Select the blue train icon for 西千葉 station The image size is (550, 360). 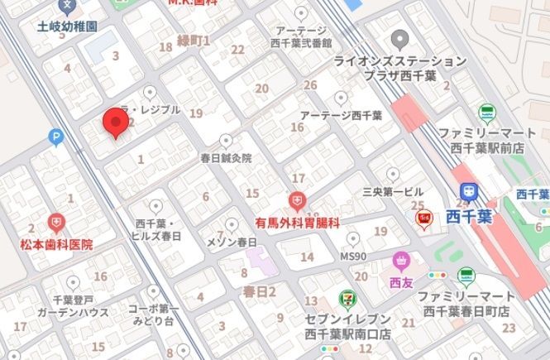tap(469, 191)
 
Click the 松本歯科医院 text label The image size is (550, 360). tap(56, 245)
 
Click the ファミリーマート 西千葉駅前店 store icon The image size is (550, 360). tap(486, 112)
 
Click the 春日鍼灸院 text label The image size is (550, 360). tap(226, 157)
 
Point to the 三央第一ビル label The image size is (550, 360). tap(393, 191)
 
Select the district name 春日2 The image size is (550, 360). tap(259, 291)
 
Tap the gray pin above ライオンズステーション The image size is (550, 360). tap(400, 38)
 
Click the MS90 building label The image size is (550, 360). tap(354, 257)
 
